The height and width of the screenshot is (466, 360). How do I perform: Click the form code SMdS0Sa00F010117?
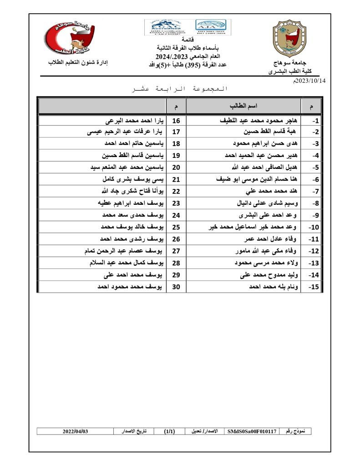pos(252,431)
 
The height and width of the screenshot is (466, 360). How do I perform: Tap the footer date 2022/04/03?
pos(75,431)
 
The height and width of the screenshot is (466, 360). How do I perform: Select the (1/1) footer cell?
pos(169,431)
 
